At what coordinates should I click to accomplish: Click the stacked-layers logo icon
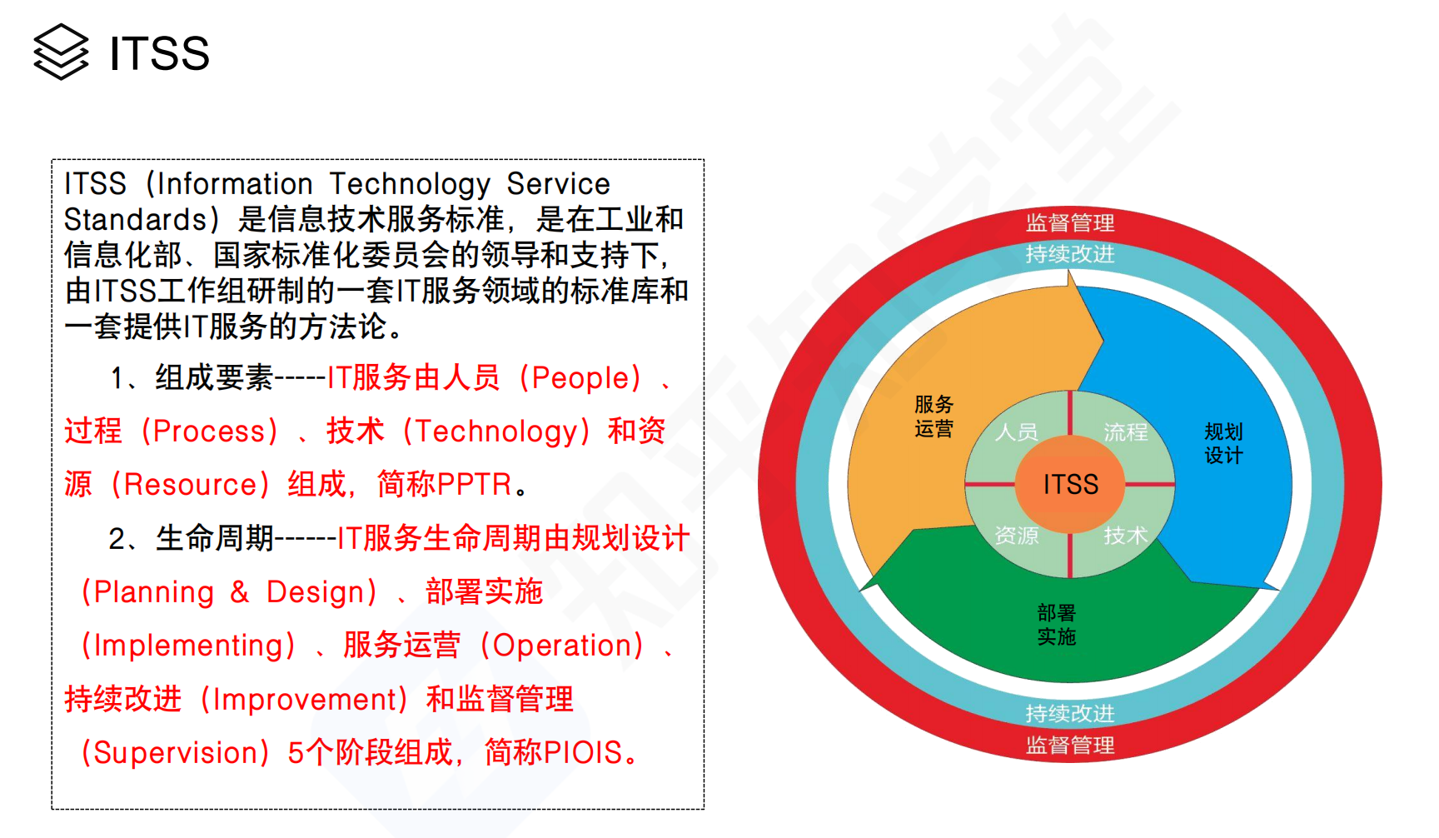click(61, 52)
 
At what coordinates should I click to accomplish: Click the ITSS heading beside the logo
click(159, 53)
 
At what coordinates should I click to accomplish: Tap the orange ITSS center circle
click(1070, 484)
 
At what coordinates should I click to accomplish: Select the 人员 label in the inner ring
click(1017, 431)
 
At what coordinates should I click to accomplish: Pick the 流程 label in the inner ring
click(1126, 431)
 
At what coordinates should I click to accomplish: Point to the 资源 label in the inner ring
click(1017, 535)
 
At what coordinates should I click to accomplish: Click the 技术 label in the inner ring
click(1126, 535)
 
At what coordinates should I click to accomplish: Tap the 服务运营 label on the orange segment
click(934, 417)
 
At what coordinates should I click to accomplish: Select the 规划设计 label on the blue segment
click(1223, 443)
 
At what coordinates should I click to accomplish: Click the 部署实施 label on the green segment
click(1057, 625)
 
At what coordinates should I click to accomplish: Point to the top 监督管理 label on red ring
click(1070, 222)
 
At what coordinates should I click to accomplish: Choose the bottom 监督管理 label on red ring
click(1070, 745)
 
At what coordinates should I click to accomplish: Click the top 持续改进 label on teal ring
click(1070, 253)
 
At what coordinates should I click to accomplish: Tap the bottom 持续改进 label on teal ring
click(1070, 713)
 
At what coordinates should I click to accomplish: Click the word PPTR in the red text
click(474, 484)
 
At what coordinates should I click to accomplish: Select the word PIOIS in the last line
click(583, 752)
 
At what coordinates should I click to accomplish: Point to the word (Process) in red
click(210, 431)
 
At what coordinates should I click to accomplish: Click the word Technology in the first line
click(410, 184)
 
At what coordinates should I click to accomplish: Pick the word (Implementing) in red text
click(188, 646)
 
